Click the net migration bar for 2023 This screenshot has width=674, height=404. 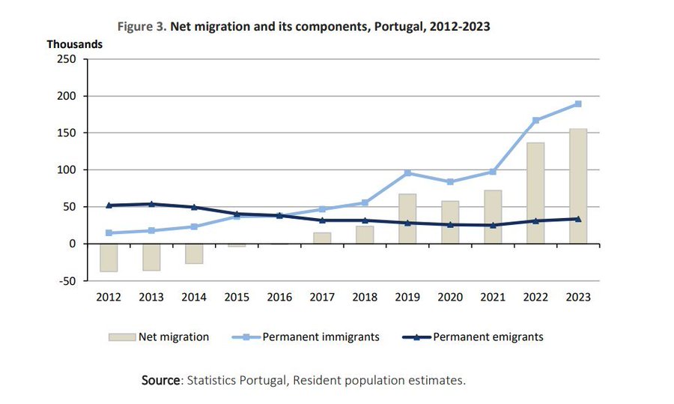tap(578, 186)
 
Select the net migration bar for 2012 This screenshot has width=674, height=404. tap(109, 257)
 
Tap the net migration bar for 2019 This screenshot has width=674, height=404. tap(407, 218)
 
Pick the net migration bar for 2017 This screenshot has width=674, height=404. tap(322, 238)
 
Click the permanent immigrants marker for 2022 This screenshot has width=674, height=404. tap(535, 120)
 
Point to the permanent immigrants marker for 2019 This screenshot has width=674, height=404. tap(407, 173)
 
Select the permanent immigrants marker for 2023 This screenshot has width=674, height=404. tap(578, 104)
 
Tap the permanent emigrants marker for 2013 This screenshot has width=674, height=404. tap(151, 204)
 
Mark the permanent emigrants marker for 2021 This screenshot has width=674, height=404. tap(493, 225)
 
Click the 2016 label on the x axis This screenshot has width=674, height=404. tap(279, 298)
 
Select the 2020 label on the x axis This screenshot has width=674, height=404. tap(450, 298)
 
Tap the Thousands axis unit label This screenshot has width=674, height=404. tap(74, 44)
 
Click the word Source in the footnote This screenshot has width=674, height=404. tap(161, 381)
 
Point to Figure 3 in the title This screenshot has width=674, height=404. tap(142, 27)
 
